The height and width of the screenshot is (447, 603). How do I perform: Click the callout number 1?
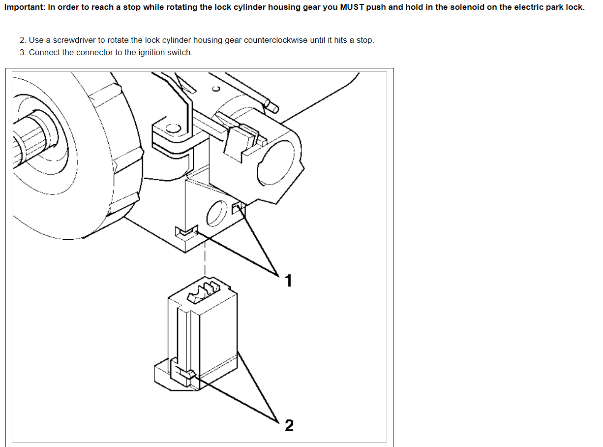pos(289,281)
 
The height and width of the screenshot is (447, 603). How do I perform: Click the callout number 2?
pos(289,425)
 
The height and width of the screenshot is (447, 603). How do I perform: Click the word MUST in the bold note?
pos(352,8)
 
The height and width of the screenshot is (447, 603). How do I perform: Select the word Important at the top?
pos(25,8)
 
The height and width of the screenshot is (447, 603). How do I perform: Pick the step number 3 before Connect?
pos(23,52)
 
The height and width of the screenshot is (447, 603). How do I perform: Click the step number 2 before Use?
pos(23,40)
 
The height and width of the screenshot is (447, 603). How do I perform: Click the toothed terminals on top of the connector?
pos(203,290)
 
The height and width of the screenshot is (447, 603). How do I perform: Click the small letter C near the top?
pos(215,89)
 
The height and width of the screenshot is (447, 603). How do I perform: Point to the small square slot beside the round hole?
pos(237,208)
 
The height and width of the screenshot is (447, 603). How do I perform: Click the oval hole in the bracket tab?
pos(173,129)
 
